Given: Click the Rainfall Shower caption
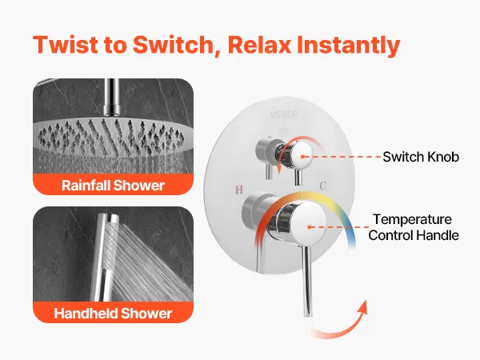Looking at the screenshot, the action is [x=113, y=186].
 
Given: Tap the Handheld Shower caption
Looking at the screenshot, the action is [x=113, y=313].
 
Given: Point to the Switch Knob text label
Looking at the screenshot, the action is [x=421, y=157].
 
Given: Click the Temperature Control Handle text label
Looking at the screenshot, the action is [x=414, y=227].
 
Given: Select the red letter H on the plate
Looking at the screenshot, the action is [x=239, y=190].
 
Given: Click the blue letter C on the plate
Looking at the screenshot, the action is [x=323, y=186].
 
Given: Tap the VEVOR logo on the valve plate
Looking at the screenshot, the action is [x=284, y=114].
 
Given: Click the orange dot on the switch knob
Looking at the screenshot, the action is [x=302, y=157].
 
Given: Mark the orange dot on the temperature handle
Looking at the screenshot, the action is [x=310, y=227].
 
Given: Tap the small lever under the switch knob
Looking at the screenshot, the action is [x=298, y=178].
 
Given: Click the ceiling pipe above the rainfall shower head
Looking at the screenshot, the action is [x=111, y=98].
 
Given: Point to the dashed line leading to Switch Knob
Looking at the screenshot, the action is [x=343, y=157].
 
